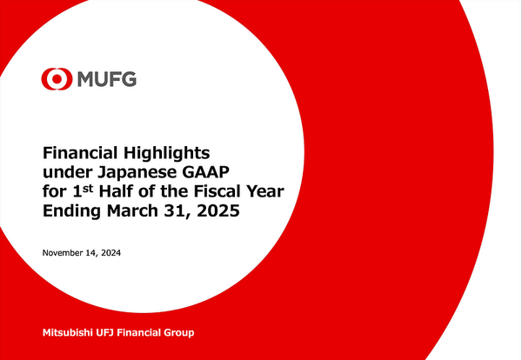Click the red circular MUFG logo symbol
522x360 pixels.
pos(54,80)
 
